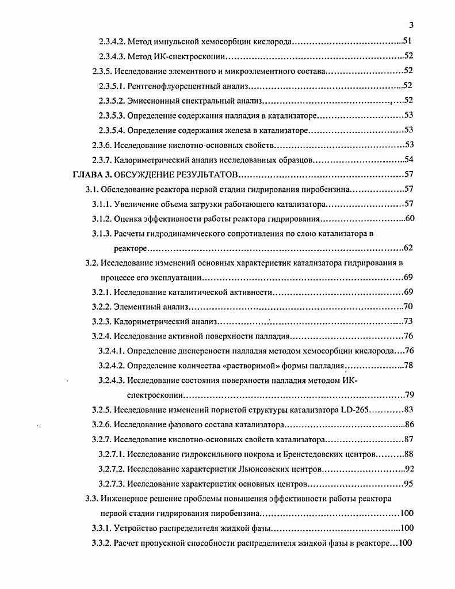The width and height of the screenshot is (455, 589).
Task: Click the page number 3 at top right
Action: click(x=411, y=25)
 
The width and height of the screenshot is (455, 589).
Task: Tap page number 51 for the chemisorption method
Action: click(x=407, y=41)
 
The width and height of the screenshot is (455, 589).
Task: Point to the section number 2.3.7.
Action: click(x=102, y=159)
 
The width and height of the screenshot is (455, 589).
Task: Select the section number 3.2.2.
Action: click(x=102, y=306)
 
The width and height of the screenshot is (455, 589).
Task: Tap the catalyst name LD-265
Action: click(x=360, y=410)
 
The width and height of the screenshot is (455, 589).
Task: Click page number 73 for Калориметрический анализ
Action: click(x=409, y=321)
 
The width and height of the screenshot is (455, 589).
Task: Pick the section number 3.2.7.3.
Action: click(x=112, y=484)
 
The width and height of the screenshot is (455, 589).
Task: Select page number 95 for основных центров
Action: click(x=409, y=484)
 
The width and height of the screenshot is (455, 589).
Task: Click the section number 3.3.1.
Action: click(x=102, y=528)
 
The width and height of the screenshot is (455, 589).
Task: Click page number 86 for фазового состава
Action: click(x=409, y=425)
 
